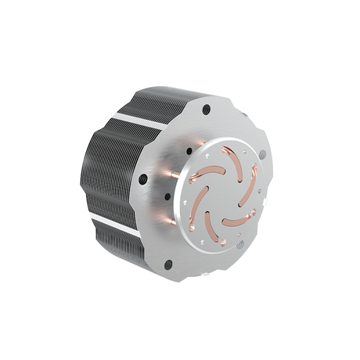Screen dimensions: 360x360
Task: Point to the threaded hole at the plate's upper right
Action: coord(262,154)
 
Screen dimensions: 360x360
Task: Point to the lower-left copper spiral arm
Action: coord(197,207)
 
